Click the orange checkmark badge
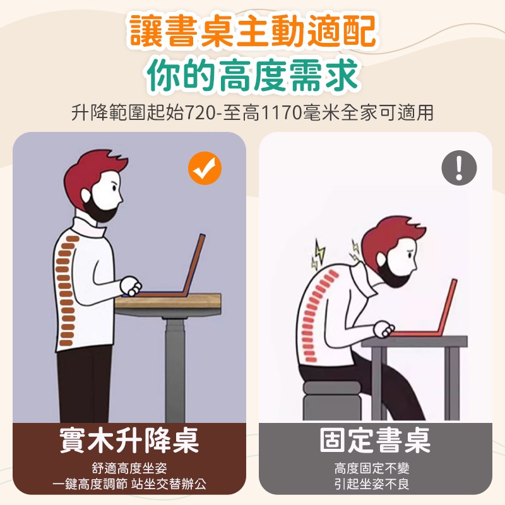pos(205,168)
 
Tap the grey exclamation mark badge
pos(459,168)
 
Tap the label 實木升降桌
pos(129,440)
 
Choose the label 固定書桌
pos(375,440)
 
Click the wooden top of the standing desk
pos(168,301)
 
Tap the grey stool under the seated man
pos(332,400)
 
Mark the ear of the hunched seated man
pos(383,259)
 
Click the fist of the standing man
pos(131,286)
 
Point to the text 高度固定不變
pos(372,468)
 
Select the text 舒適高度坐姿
pos(129,468)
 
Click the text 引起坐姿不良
pos(372,484)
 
